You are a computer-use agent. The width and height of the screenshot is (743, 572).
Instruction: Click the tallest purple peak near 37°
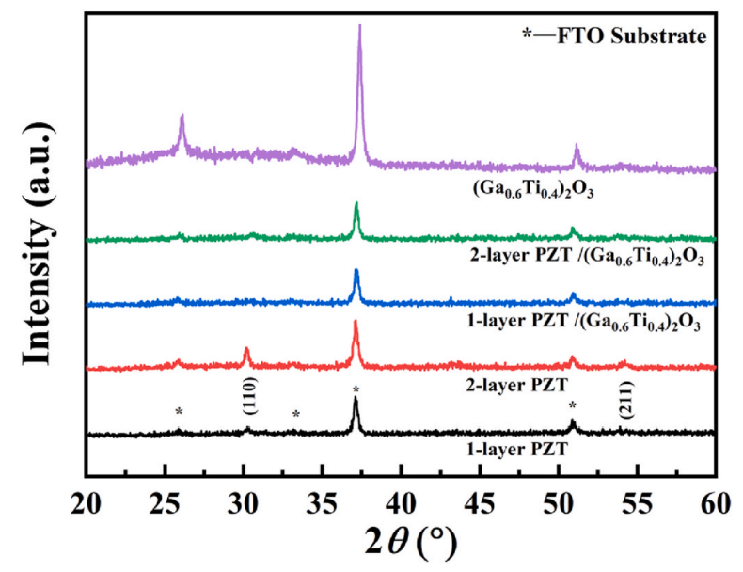tap(359, 28)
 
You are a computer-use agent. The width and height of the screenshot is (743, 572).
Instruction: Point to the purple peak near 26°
tap(182, 117)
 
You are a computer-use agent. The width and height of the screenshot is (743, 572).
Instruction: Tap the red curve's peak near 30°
tap(246, 350)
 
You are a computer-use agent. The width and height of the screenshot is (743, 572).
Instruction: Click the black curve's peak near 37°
tap(356, 399)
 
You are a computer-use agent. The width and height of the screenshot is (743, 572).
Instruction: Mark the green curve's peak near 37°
tap(356, 204)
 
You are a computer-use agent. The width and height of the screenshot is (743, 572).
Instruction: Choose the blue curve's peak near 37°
tap(356, 272)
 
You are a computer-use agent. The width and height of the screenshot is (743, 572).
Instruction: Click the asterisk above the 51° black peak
tap(572, 405)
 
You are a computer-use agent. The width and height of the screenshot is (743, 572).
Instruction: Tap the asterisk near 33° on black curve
tap(296, 415)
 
